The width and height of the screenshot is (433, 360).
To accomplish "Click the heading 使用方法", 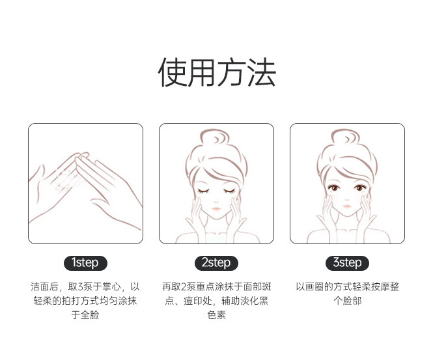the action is (x=217, y=72).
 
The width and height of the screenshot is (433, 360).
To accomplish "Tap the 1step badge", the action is (x=85, y=263).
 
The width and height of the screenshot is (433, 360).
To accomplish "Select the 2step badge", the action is (x=216, y=263).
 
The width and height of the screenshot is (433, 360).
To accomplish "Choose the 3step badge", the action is (x=347, y=263).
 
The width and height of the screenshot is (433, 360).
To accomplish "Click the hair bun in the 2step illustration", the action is (x=215, y=137).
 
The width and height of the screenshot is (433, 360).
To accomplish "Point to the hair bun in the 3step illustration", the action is (x=346, y=137).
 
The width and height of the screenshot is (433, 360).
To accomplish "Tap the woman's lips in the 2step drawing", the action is (x=216, y=209).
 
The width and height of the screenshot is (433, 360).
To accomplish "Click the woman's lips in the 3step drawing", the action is (x=347, y=206).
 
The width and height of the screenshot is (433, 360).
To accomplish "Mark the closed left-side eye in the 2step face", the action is (x=203, y=191).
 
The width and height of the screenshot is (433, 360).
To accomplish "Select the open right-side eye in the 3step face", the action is (x=360, y=187).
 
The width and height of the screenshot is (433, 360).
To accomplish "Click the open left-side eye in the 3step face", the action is (x=334, y=187).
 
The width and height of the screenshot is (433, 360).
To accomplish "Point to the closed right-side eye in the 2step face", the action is (x=229, y=191).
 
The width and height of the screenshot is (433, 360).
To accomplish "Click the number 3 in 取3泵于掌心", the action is (x=80, y=287).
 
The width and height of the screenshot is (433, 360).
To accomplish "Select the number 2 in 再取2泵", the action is (x=184, y=287).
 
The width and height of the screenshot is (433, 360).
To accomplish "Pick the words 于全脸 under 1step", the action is (x=85, y=314).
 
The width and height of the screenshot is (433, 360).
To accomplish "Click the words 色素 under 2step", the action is (x=216, y=314).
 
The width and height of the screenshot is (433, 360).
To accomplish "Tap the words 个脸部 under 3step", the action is (x=347, y=301).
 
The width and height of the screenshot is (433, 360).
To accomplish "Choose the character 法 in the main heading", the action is (x=262, y=72).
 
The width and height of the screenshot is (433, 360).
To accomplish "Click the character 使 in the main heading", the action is (x=172, y=72).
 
